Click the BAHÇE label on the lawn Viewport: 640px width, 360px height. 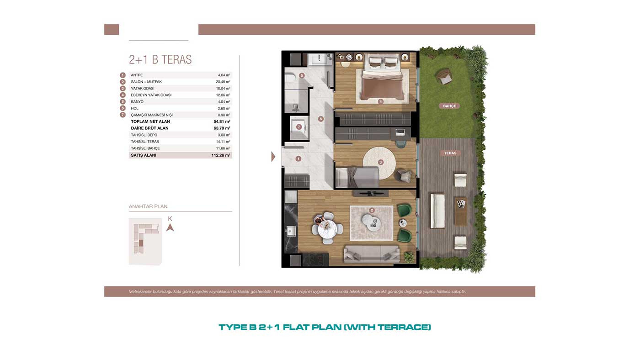click(449, 106)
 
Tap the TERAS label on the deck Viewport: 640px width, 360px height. click(450, 153)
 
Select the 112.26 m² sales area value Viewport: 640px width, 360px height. click(221, 155)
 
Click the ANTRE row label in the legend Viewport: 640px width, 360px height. click(137, 75)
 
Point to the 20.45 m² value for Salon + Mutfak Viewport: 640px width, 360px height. click(223, 82)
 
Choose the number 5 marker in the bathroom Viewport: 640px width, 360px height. click(302, 76)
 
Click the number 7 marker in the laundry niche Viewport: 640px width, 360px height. click(299, 127)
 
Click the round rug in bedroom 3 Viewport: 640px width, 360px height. click(379, 163)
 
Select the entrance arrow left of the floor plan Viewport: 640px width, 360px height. click(273, 156)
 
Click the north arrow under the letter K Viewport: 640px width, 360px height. click(170, 228)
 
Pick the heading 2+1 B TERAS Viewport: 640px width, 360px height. click(160, 60)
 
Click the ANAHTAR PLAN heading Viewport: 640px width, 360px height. click(148, 206)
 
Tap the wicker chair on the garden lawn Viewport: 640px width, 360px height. click(443, 76)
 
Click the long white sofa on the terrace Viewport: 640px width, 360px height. click(437, 211)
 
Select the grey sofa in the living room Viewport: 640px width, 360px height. click(372, 254)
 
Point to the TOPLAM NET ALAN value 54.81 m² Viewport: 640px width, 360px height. click(222, 122)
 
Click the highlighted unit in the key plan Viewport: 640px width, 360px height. click(141, 243)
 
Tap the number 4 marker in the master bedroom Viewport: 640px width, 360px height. click(380, 101)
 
